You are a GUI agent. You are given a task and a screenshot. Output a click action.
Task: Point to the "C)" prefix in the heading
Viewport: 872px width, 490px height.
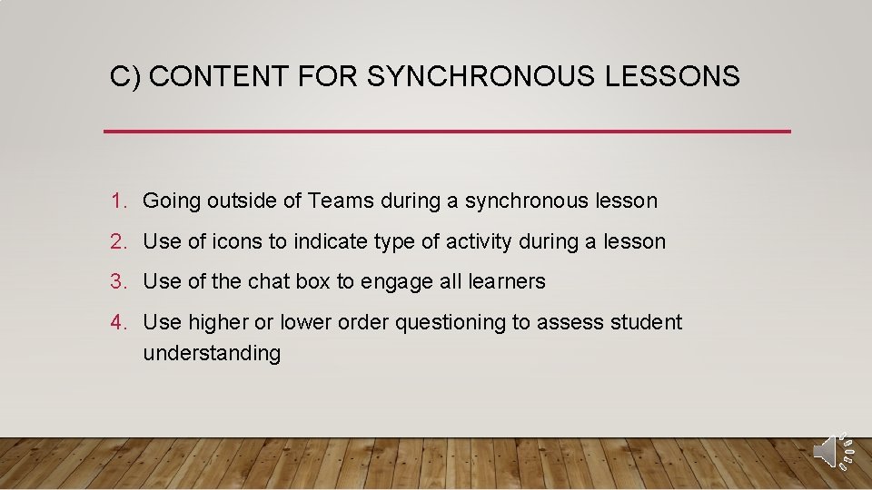(124, 77)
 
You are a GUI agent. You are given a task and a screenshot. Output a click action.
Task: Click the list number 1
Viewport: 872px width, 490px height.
(117, 201)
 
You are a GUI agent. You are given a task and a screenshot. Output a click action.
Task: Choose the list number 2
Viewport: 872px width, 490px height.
(117, 242)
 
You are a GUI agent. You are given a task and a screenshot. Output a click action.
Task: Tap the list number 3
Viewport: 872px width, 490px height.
(117, 282)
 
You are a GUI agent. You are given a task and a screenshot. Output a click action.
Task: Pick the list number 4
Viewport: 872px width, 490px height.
(117, 323)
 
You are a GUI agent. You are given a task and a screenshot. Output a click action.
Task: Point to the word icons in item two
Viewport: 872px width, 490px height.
(234, 242)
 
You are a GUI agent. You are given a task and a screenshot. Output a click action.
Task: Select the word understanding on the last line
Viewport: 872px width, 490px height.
(212, 354)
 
